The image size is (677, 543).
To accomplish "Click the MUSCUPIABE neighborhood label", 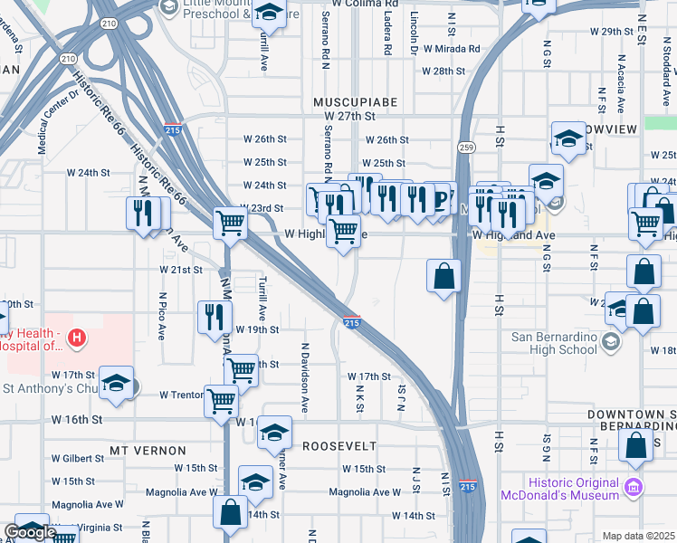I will click(356, 101).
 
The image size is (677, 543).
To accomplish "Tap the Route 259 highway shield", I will click(466, 147).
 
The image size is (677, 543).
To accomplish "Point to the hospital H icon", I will click(78, 339).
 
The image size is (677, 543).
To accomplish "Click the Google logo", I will click(30, 532).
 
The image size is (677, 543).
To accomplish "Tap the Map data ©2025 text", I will click(638, 536).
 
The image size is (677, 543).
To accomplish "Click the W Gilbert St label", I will click(77, 458).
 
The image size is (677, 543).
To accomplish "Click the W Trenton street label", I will click(181, 395).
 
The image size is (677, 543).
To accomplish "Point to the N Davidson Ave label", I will click(305, 374).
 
